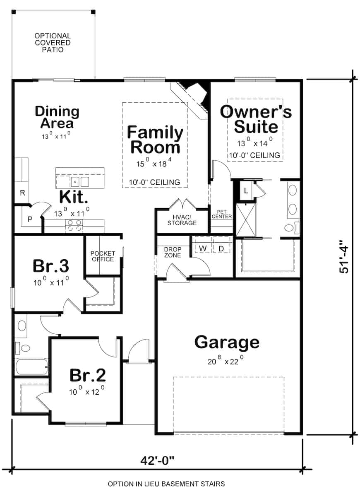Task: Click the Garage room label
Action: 227,343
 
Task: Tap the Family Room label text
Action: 155,140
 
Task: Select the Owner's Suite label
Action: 256,119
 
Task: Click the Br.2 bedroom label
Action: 87,375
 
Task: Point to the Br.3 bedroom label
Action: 51,266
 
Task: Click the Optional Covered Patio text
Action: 53,43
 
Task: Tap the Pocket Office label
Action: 103,256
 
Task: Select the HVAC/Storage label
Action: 182,220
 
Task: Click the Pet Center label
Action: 221,214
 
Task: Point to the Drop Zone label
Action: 172,252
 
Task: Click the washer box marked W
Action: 203,248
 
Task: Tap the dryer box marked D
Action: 221,248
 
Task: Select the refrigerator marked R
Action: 23,193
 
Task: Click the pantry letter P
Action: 30,220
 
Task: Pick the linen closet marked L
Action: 245,191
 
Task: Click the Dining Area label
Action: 57,117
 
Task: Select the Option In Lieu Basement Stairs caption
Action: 166,484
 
